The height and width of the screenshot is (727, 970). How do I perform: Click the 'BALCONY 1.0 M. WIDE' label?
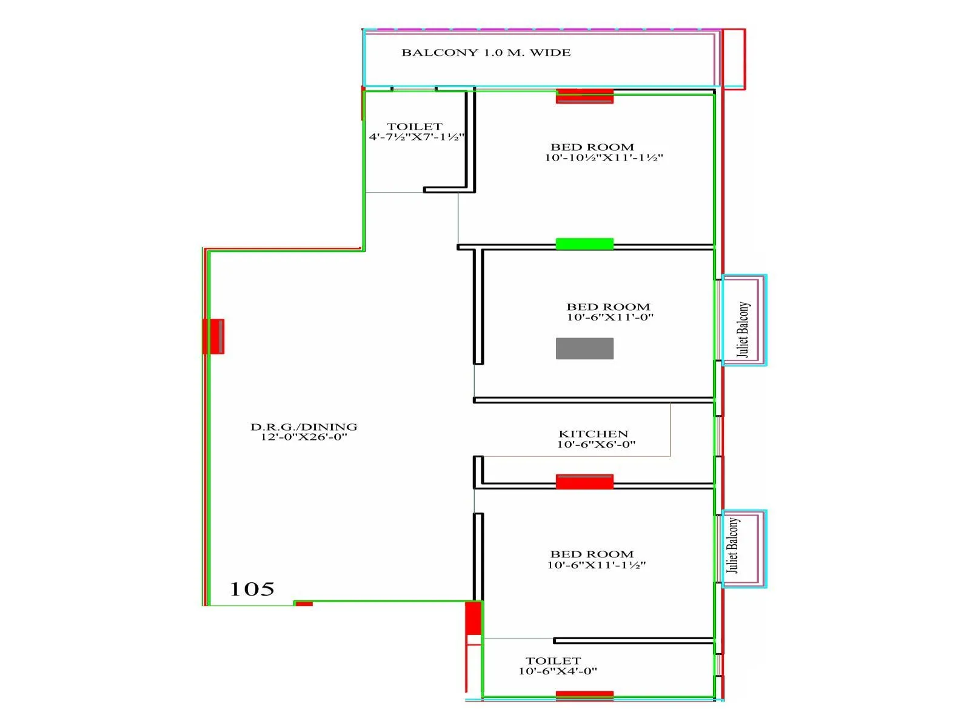[486, 53]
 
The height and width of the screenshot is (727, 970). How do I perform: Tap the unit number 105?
[252, 589]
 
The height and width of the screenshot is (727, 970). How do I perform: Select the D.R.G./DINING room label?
[304, 427]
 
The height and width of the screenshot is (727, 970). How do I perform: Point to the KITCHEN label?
[593, 434]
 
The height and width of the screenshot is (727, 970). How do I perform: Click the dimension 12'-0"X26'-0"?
[304, 437]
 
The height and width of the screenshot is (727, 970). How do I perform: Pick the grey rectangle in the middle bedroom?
[584, 348]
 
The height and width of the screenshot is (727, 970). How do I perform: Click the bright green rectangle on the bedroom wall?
[584, 244]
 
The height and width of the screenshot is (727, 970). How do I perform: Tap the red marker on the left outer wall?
[213, 336]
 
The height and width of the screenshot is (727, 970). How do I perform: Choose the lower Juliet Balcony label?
[733, 545]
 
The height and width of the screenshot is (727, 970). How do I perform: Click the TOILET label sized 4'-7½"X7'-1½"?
[415, 127]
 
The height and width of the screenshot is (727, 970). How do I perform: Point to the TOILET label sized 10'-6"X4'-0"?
[553, 660]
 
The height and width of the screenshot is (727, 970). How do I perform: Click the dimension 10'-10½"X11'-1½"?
[604, 158]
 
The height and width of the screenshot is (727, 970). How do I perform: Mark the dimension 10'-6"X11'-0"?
[610, 317]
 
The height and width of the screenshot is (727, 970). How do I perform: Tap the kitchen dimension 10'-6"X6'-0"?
[596, 444]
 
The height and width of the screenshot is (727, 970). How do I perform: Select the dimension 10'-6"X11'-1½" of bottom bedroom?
[597, 565]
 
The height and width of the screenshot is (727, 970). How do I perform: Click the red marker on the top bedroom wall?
[584, 96]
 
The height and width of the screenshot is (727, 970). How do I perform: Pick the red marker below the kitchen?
[584, 482]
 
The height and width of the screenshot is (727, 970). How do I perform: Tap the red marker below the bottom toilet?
[584, 695]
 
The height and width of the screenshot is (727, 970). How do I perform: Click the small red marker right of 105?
[304, 603]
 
